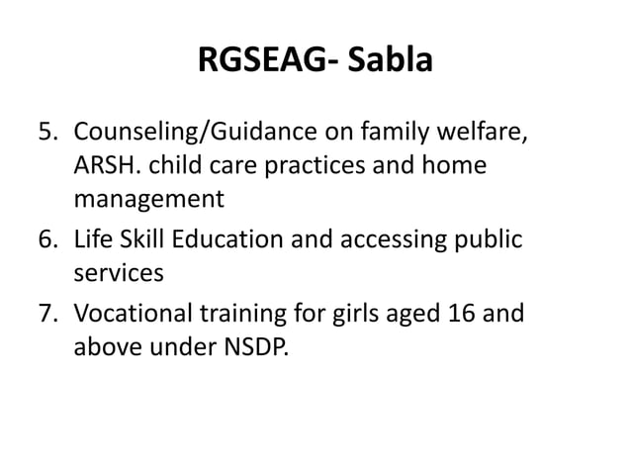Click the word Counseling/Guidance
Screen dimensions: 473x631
tap(193, 132)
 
